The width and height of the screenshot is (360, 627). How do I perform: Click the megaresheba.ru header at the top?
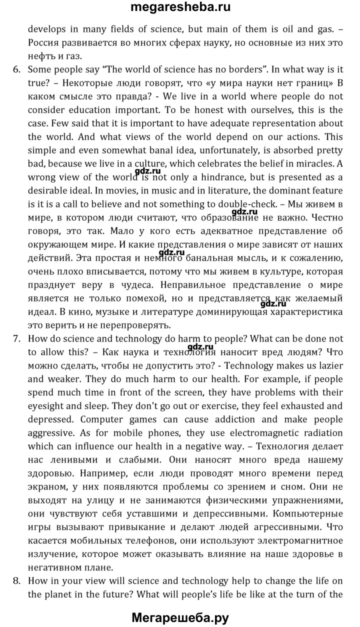180,8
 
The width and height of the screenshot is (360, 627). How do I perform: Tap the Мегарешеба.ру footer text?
180,617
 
